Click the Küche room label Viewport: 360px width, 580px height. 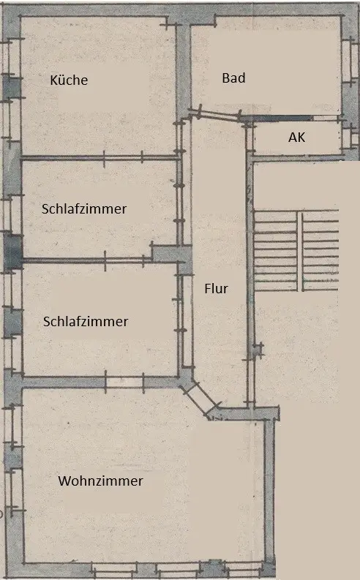69,80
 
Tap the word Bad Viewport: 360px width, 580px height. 233,78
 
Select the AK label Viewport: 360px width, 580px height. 297,138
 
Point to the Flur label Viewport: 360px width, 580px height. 216,288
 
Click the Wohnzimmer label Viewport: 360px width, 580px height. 100,481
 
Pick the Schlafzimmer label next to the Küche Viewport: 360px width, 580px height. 84,208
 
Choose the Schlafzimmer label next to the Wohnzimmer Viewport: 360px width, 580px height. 86,321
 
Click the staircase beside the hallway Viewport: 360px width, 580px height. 296,250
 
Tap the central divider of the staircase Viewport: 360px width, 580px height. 300,251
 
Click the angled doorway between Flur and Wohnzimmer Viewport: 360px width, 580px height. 200,399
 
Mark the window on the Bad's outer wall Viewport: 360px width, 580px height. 348,61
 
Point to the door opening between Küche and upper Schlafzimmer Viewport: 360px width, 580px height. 123,158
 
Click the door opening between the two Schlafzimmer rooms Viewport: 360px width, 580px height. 124,260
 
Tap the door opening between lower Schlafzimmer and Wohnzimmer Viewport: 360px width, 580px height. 124,383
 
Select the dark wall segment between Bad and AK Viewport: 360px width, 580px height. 277,118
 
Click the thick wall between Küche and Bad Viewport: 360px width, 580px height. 183,67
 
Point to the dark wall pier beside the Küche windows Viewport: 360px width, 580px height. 12,87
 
